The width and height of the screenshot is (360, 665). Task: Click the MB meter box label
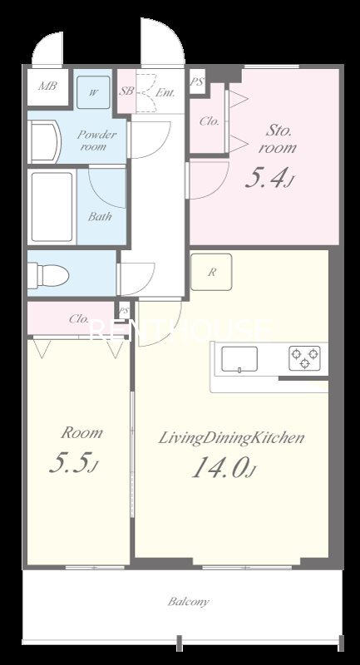point(47,86)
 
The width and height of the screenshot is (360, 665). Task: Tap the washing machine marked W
point(93,92)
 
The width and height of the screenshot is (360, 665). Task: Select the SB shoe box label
point(126,91)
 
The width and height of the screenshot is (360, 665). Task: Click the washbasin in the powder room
point(45,141)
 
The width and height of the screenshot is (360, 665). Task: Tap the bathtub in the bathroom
point(52,207)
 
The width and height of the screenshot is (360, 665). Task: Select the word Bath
point(100,217)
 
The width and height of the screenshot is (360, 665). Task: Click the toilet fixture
point(48,275)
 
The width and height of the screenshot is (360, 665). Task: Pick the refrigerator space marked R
point(211,273)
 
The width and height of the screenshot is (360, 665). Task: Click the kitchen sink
point(239,359)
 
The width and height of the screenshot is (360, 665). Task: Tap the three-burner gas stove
point(304,358)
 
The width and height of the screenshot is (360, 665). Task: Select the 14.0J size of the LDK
point(224,468)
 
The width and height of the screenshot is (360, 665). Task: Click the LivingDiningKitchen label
point(231,439)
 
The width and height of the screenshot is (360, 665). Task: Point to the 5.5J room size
point(74,463)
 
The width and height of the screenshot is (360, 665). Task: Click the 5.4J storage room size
point(269,179)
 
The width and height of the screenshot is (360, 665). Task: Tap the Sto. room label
point(279,139)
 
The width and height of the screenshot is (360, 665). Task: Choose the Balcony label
point(188,601)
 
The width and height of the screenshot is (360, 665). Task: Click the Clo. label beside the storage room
point(210,121)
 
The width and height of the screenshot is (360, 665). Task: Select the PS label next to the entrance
point(197,81)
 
